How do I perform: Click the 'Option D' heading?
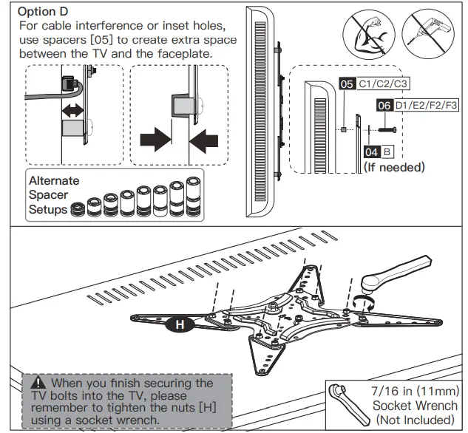click(44, 13)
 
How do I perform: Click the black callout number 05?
click(347, 84)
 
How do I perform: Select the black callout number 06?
click(384, 106)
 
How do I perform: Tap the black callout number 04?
click(373, 151)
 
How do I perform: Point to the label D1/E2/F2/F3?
click(427, 106)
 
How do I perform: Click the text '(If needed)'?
click(394, 168)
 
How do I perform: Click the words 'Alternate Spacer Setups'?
click(52, 195)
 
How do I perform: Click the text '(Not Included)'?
click(416, 419)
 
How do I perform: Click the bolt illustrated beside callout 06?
click(387, 129)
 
